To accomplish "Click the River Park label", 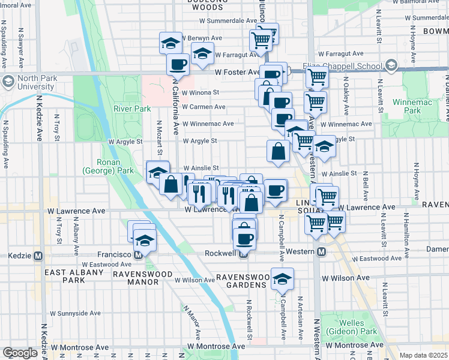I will (131, 109).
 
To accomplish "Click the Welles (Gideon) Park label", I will (352, 327).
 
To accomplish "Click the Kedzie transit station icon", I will (38, 256).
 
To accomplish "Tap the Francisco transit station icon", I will (138, 254).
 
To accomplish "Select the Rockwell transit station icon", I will (243, 253).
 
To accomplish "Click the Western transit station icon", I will (321, 252).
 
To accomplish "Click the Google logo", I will (20, 353).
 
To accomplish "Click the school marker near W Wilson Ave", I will (282, 279).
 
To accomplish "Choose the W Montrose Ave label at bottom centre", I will (215, 347).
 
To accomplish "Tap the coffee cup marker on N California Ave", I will (178, 64).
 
